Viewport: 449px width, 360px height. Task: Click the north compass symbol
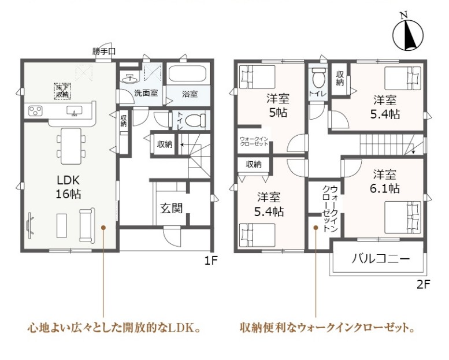click(408, 34)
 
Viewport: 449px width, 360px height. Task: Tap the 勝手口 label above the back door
click(104, 51)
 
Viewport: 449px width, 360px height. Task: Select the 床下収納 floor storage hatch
click(63, 91)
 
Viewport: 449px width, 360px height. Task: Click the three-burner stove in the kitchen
click(35, 111)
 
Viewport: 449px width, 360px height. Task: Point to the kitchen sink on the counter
click(74, 110)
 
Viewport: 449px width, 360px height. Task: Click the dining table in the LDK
click(71, 146)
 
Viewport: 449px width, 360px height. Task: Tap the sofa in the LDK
click(87, 225)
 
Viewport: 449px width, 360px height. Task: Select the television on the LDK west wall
click(29, 225)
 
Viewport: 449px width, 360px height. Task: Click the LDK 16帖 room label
click(68, 187)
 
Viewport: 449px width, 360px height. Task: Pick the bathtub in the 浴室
click(187, 74)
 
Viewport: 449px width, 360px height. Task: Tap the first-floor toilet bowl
click(195, 120)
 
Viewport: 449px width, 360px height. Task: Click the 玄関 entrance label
click(171, 209)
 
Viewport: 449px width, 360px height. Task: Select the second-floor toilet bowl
click(318, 77)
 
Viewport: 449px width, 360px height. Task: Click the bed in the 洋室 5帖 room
click(257, 77)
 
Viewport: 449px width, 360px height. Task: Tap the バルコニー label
click(381, 259)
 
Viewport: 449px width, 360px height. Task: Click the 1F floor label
click(211, 261)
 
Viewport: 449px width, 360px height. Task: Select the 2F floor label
click(424, 284)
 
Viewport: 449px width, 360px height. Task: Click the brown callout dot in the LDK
click(103, 228)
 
